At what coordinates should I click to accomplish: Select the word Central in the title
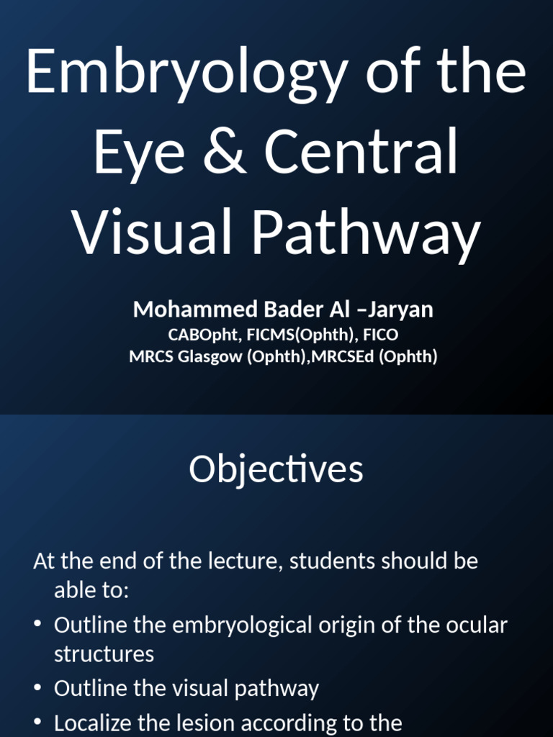[x=361, y=153]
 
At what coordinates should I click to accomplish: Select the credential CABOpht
[x=197, y=335]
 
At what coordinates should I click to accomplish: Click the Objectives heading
[x=276, y=470]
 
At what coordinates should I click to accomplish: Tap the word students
[x=328, y=561]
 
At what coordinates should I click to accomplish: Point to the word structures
[x=104, y=654]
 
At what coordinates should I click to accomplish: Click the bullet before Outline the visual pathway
[x=37, y=689]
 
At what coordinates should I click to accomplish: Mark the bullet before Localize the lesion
[x=37, y=723]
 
